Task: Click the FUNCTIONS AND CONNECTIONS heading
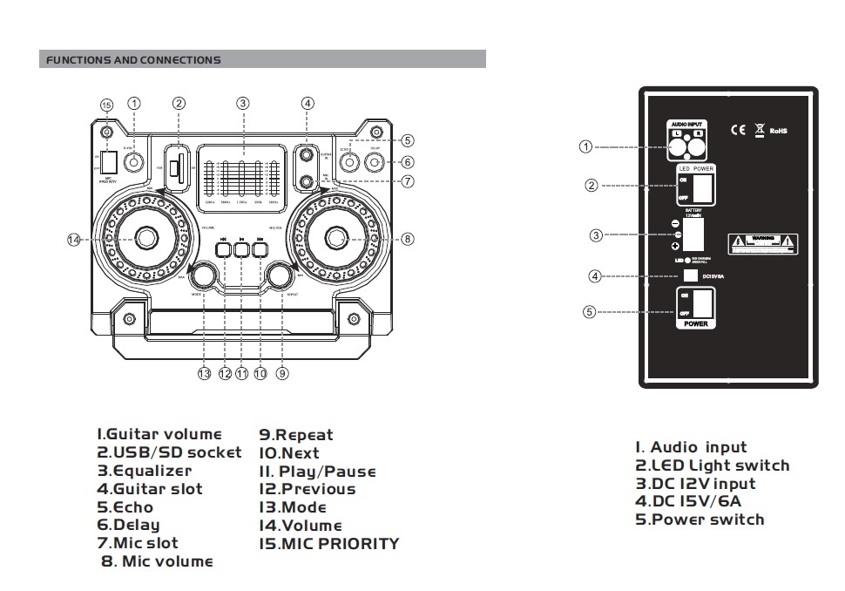click(x=133, y=60)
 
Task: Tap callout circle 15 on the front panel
click(x=107, y=105)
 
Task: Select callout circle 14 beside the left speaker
click(x=74, y=240)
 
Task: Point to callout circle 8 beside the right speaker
click(x=408, y=239)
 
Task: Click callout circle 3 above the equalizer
click(x=243, y=103)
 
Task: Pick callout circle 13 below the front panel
click(x=204, y=373)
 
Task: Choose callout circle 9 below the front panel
click(x=282, y=373)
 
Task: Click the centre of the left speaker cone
click(x=145, y=238)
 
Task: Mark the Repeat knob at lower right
click(x=281, y=275)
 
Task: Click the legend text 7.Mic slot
click(x=138, y=543)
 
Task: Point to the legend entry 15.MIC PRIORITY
click(x=328, y=544)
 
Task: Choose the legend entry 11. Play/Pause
click(x=317, y=472)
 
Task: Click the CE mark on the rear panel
click(x=737, y=131)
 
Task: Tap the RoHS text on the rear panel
click(x=778, y=132)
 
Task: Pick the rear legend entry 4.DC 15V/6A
click(x=688, y=501)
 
